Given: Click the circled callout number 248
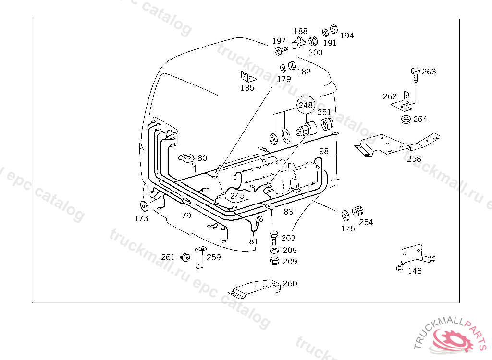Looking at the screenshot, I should [306, 105].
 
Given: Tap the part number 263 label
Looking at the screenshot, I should [429, 72].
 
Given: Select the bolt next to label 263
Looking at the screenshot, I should [415, 74].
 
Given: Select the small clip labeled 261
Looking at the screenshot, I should [184, 257].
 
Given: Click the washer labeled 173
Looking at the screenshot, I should [143, 206].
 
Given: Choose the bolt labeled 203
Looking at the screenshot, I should [274, 237].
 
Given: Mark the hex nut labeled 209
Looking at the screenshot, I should [274, 262].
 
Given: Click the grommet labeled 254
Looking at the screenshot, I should [357, 211].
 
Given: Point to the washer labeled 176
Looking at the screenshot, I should [345, 215].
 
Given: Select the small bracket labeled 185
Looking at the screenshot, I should [246, 77].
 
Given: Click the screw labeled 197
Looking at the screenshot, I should [281, 49].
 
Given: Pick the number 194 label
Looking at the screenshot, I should [346, 36].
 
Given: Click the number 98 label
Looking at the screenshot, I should [324, 151].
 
